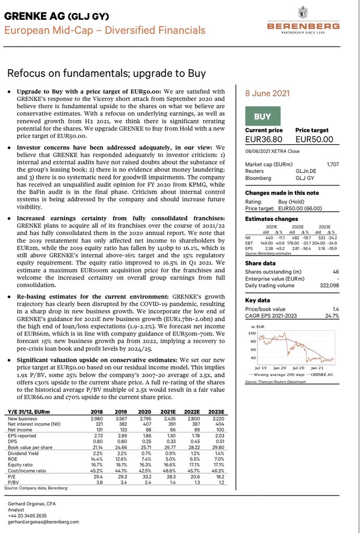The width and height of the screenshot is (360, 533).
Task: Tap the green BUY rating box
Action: (262, 117)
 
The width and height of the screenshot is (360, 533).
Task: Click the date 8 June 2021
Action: (267, 94)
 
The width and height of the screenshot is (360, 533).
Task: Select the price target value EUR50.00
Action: (314, 139)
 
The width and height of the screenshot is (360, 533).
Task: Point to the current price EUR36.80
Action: (264, 139)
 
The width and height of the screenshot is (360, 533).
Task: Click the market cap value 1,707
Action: (332, 164)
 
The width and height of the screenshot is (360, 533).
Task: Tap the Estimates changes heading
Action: (272, 219)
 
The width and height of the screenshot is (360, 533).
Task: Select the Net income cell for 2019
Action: (121, 429)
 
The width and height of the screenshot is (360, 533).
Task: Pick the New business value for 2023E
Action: (217, 418)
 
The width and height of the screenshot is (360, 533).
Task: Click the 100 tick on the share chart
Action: (253, 332)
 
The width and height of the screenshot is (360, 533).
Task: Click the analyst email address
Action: (43, 522)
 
